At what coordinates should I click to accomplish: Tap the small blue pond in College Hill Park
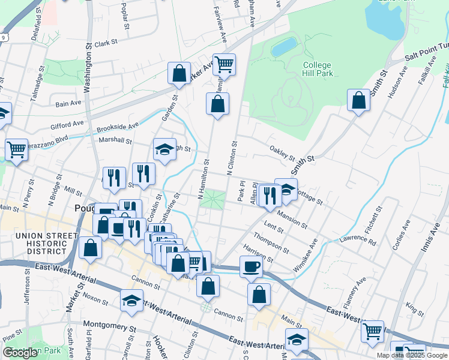283,47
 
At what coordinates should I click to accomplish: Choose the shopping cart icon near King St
372,330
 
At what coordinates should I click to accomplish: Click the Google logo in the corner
21,353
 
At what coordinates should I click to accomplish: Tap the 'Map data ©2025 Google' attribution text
412,355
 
